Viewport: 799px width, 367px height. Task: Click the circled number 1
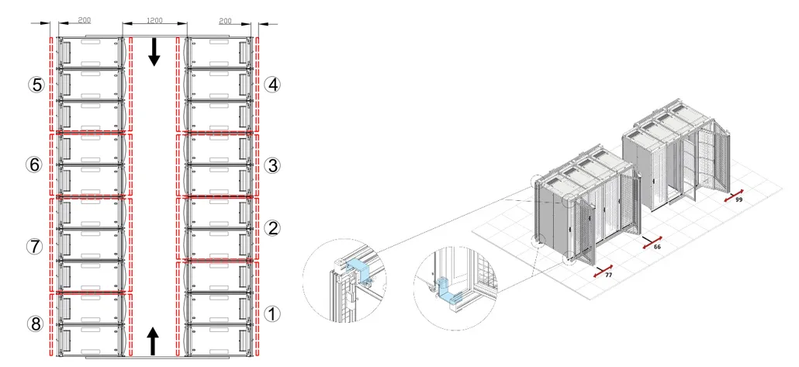[x=272, y=314]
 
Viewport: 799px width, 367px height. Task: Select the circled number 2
[x=272, y=228]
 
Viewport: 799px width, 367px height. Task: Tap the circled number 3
[x=272, y=164]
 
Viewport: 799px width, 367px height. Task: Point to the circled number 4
[x=272, y=85]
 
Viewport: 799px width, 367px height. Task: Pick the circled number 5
[x=36, y=85]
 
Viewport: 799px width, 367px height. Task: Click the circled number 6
[x=34, y=164]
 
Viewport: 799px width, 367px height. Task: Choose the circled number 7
[x=34, y=247]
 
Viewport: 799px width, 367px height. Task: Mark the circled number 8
[x=35, y=324]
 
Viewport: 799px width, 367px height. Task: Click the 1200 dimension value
[x=154, y=21]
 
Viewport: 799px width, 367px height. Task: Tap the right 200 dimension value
[x=225, y=21]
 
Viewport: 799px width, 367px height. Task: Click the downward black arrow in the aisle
[x=154, y=52]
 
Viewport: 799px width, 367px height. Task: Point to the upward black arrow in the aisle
[x=153, y=340]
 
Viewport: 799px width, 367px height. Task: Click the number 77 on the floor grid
[x=608, y=275]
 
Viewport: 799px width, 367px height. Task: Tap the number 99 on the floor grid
[x=738, y=200]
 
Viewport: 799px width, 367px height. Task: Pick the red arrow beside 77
[x=603, y=270]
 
